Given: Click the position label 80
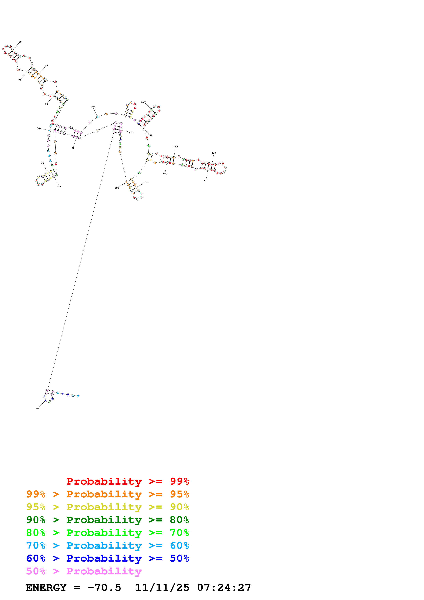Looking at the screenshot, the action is click(x=20, y=42).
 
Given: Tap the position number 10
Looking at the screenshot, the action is click(x=37, y=408).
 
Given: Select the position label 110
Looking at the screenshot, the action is click(x=93, y=107).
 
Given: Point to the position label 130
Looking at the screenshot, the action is click(x=143, y=102).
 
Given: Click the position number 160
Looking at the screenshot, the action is click(x=214, y=153).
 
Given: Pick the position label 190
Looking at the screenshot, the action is click(x=146, y=182).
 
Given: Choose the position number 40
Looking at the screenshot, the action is click(x=42, y=163).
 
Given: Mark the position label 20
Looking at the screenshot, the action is click(x=73, y=148).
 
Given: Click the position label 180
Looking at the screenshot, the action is click(x=165, y=174).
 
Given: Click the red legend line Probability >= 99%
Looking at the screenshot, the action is click(x=127, y=481).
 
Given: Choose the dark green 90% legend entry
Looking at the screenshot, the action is click(x=107, y=520).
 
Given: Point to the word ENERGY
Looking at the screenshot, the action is click(x=46, y=588).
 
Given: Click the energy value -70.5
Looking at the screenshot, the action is click(x=104, y=588).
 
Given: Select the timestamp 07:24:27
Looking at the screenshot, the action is click(x=224, y=588).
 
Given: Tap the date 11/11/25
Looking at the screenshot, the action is click(x=162, y=588).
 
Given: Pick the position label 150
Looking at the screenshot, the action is click(x=175, y=147).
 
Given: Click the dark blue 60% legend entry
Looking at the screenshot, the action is click(x=107, y=558).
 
